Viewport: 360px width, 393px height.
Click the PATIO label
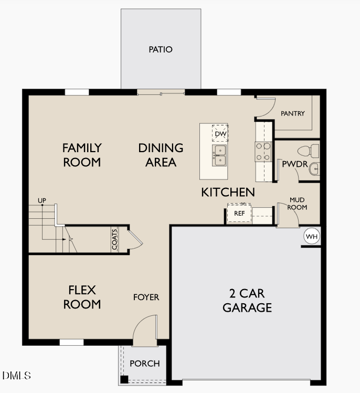coord(161,50)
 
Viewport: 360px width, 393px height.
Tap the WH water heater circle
coord(312,237)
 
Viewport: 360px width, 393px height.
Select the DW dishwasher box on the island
coord(220,134)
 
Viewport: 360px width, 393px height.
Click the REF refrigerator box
coord(239,214)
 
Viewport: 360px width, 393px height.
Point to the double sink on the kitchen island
coord(220,155)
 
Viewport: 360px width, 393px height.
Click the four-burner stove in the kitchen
coord(262,151)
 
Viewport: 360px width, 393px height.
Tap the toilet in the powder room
coord(314,150)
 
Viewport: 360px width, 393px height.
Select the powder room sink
coord(314,169)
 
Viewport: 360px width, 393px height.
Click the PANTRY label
coord(293,113)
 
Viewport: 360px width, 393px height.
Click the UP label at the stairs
coord(42,200)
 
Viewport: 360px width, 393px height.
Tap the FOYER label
coord(146,298)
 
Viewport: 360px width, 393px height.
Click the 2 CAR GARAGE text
coord(247,300)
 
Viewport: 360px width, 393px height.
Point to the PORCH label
coord(144,364)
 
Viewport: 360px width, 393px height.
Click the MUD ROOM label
coord(298,204)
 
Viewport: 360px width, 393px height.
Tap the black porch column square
coord(124,379)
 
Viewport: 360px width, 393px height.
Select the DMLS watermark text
coord(17,376)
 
